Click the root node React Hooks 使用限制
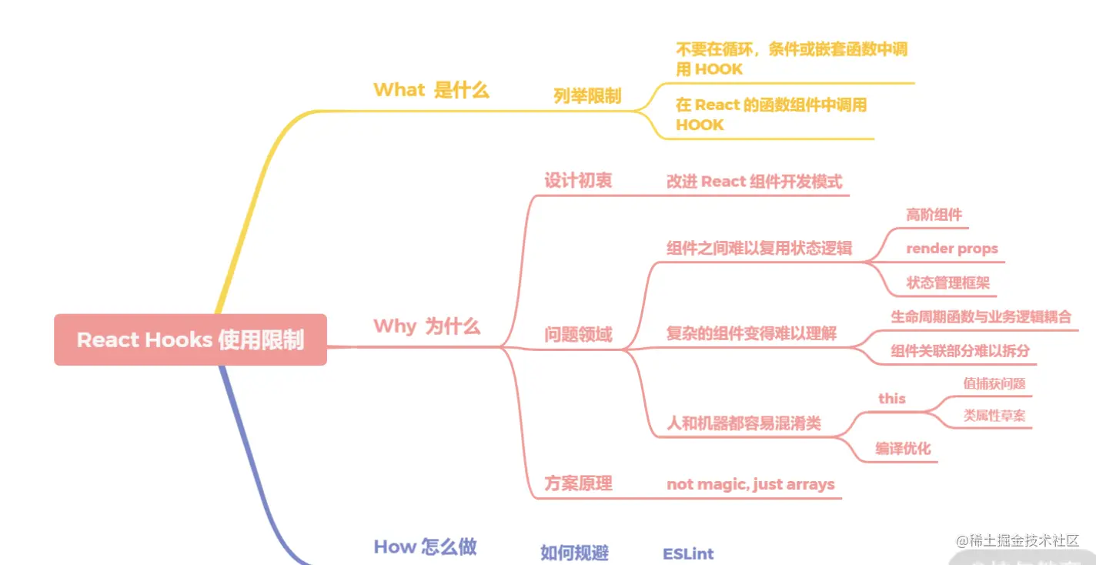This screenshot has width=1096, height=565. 190,339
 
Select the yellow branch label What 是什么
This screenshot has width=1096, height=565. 431,90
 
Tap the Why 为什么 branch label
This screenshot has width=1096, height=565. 426,326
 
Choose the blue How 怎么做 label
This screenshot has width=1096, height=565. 425,547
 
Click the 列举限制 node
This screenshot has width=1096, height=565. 586,96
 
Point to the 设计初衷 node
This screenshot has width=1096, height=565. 578,181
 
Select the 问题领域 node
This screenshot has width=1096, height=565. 578,335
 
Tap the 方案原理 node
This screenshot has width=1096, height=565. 578,483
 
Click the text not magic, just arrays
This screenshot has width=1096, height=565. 750,484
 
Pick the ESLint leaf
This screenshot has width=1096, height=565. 688,553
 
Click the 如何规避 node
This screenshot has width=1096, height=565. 574,553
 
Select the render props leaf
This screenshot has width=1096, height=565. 951,249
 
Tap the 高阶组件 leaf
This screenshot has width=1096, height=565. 934,215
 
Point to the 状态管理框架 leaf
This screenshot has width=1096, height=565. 947,282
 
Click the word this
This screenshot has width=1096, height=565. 891,398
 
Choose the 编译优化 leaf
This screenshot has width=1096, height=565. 902,448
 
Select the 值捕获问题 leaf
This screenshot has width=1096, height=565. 994,383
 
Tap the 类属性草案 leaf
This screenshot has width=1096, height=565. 994,416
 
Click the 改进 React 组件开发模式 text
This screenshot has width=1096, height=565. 753,182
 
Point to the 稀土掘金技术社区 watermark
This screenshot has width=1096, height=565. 1018,541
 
